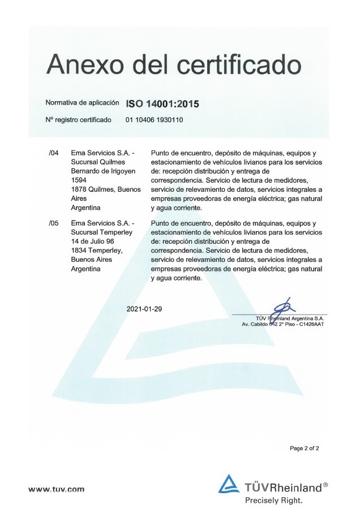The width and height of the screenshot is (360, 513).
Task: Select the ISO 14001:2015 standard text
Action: pyautogui.click(x=162, y=104)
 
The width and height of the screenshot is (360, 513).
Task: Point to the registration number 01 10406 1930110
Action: pyautogui.click(x=155, y=120)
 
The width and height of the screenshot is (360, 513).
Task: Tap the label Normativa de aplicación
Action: pyautogui.click(x=82, y=104)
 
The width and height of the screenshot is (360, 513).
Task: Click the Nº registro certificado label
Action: pyautogui.click(x=78, y=120)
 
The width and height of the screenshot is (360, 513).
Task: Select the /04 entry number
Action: pyautogui.click(x=54, y=153)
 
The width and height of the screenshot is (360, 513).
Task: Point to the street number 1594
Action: pyautogui.click(x=80, y=180)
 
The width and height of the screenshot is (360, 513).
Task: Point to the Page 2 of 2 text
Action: pyautogui.click(x=305, y=449)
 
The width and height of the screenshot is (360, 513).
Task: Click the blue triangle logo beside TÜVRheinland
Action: pyautogui.click(x=229, y=485)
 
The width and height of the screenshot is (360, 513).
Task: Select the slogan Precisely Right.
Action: pyautogui.click(x=273, y=500)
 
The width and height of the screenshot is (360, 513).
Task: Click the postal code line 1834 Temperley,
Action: pyautogui.click(x=94, y=251)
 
